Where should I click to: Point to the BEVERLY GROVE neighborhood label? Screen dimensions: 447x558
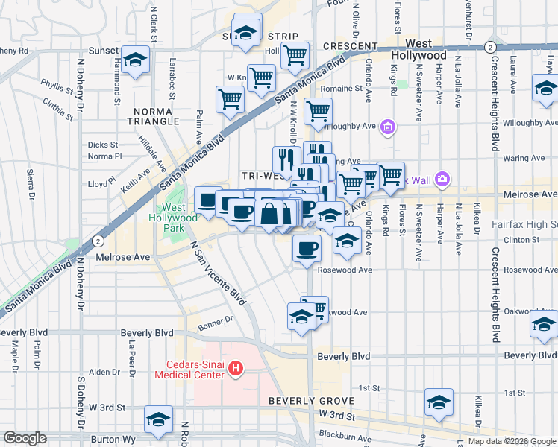[x=300, y=401]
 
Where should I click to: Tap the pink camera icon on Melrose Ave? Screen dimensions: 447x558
[x=442, y=178]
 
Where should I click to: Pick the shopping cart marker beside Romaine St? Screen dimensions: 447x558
[x=319, y=112]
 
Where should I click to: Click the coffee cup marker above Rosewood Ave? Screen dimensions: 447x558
[x=306, y=249]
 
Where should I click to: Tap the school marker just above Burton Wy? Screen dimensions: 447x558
[x=158, y=420]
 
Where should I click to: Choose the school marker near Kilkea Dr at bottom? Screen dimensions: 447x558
[x=439, y=402]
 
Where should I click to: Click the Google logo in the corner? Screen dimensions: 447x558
[x=25, y=438]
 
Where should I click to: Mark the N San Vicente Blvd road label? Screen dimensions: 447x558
[x=218, y=274]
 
